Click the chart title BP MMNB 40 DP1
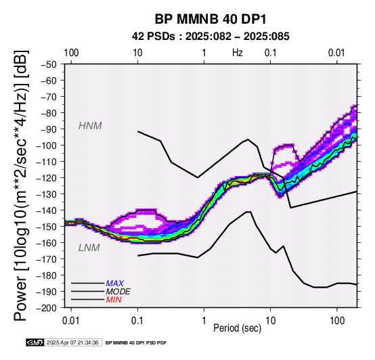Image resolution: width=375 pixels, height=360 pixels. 211,20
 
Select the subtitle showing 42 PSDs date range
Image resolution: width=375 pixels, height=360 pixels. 211,37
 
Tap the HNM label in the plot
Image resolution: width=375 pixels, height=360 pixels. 90,126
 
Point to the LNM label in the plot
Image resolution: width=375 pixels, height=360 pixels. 89,248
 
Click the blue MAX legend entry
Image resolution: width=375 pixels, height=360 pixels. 115,284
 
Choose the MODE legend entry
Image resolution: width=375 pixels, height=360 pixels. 118,292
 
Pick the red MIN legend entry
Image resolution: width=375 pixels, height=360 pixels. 114,300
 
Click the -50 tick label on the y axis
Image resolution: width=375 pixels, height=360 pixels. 49,64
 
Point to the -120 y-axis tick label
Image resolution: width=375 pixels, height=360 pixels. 47,178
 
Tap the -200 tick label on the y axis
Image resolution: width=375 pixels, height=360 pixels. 47,308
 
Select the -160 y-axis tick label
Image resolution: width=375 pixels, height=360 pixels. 47,243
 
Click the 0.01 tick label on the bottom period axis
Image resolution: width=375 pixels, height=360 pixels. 71,321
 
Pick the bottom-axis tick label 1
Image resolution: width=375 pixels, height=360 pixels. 204,321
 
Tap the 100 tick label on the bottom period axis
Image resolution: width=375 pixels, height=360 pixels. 337,321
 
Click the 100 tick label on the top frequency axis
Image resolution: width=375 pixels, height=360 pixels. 71,53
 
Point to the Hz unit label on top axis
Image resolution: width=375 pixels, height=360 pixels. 237,53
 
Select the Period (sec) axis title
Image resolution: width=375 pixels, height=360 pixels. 237,328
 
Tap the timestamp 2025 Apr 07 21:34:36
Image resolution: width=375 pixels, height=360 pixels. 72,342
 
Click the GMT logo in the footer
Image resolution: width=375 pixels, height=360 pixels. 35,342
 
